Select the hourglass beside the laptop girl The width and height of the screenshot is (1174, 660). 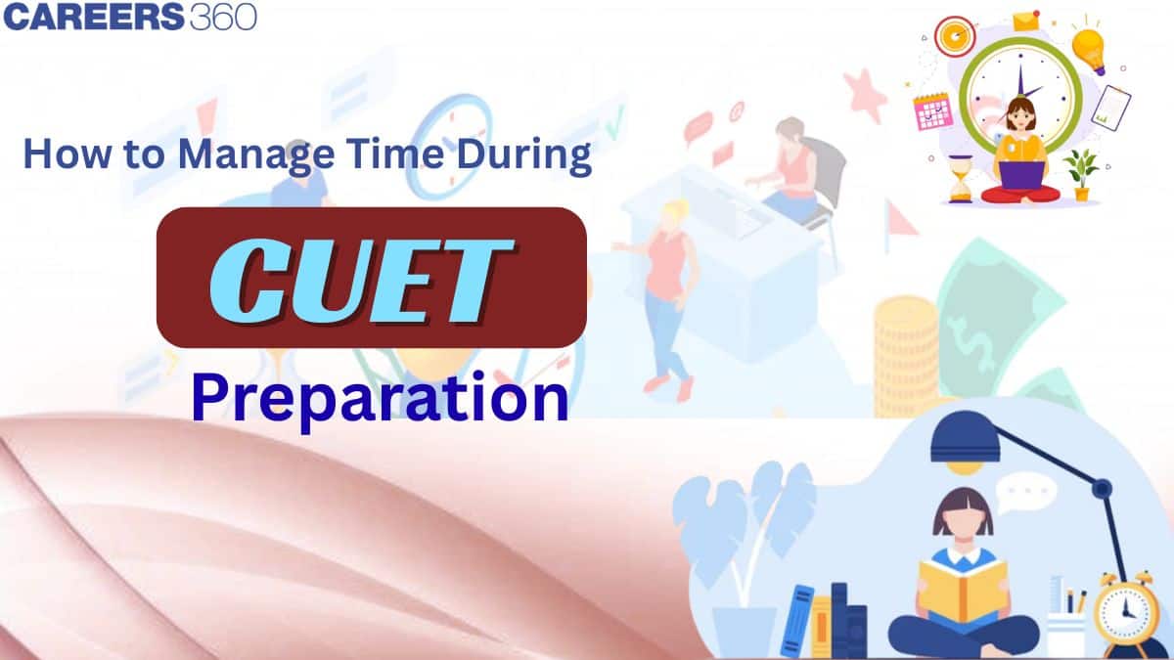(961, 179)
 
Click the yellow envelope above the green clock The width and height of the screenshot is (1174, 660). (1025, 21)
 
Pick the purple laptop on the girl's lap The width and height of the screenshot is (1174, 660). (1021, 173)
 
